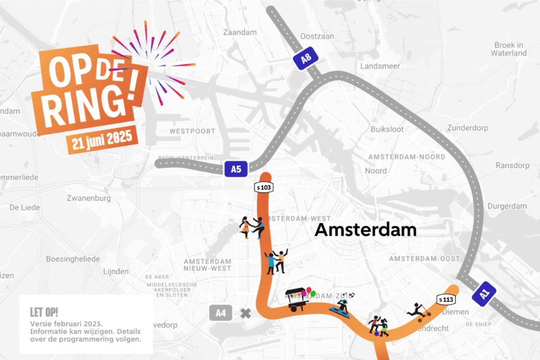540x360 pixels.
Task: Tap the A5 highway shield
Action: coord(236,168)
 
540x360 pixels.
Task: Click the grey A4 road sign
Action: coord(220,313)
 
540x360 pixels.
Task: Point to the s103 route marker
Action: coord(263,186)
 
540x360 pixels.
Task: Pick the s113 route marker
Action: coord(446,299)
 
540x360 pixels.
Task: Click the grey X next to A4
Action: coord(245,313)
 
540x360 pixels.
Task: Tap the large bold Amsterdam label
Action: coord(366,229)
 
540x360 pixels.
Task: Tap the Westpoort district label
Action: coord(192,131)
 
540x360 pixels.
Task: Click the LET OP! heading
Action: coord(44,312)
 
